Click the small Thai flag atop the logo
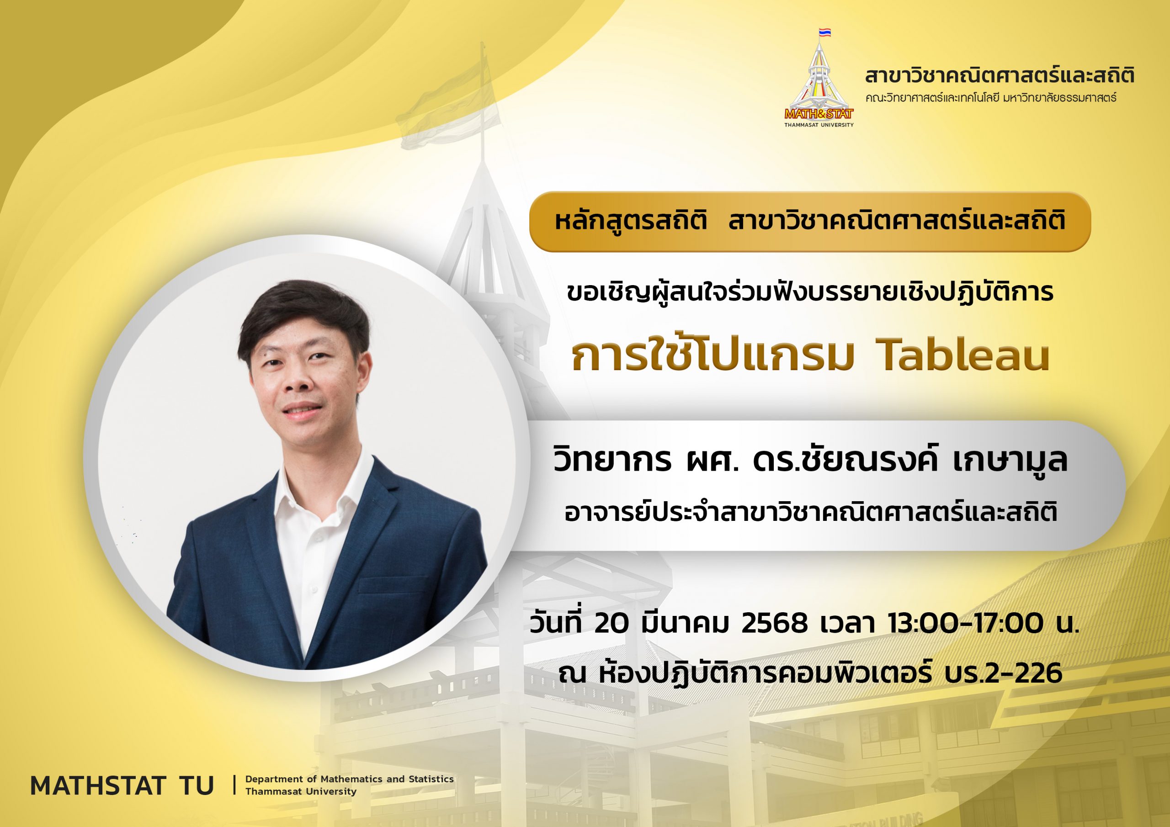(824, 32)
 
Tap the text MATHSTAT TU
(122, 786)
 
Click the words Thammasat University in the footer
(301, 791)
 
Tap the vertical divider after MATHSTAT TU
(234, 785)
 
